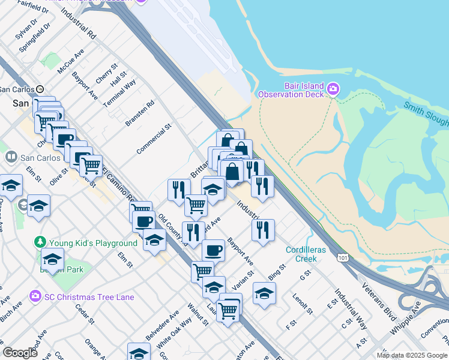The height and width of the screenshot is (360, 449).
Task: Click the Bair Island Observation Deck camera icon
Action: (333, 91)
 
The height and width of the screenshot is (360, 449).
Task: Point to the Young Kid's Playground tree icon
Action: (40, 242)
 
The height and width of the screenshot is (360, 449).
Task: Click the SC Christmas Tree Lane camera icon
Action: (35, 296)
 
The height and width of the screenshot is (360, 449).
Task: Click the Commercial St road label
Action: (154, 139)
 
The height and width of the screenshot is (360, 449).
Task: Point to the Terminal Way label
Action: (120, 93)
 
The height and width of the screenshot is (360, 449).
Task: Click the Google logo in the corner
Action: (20, 353)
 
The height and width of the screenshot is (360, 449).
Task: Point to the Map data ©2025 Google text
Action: (412, 355)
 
